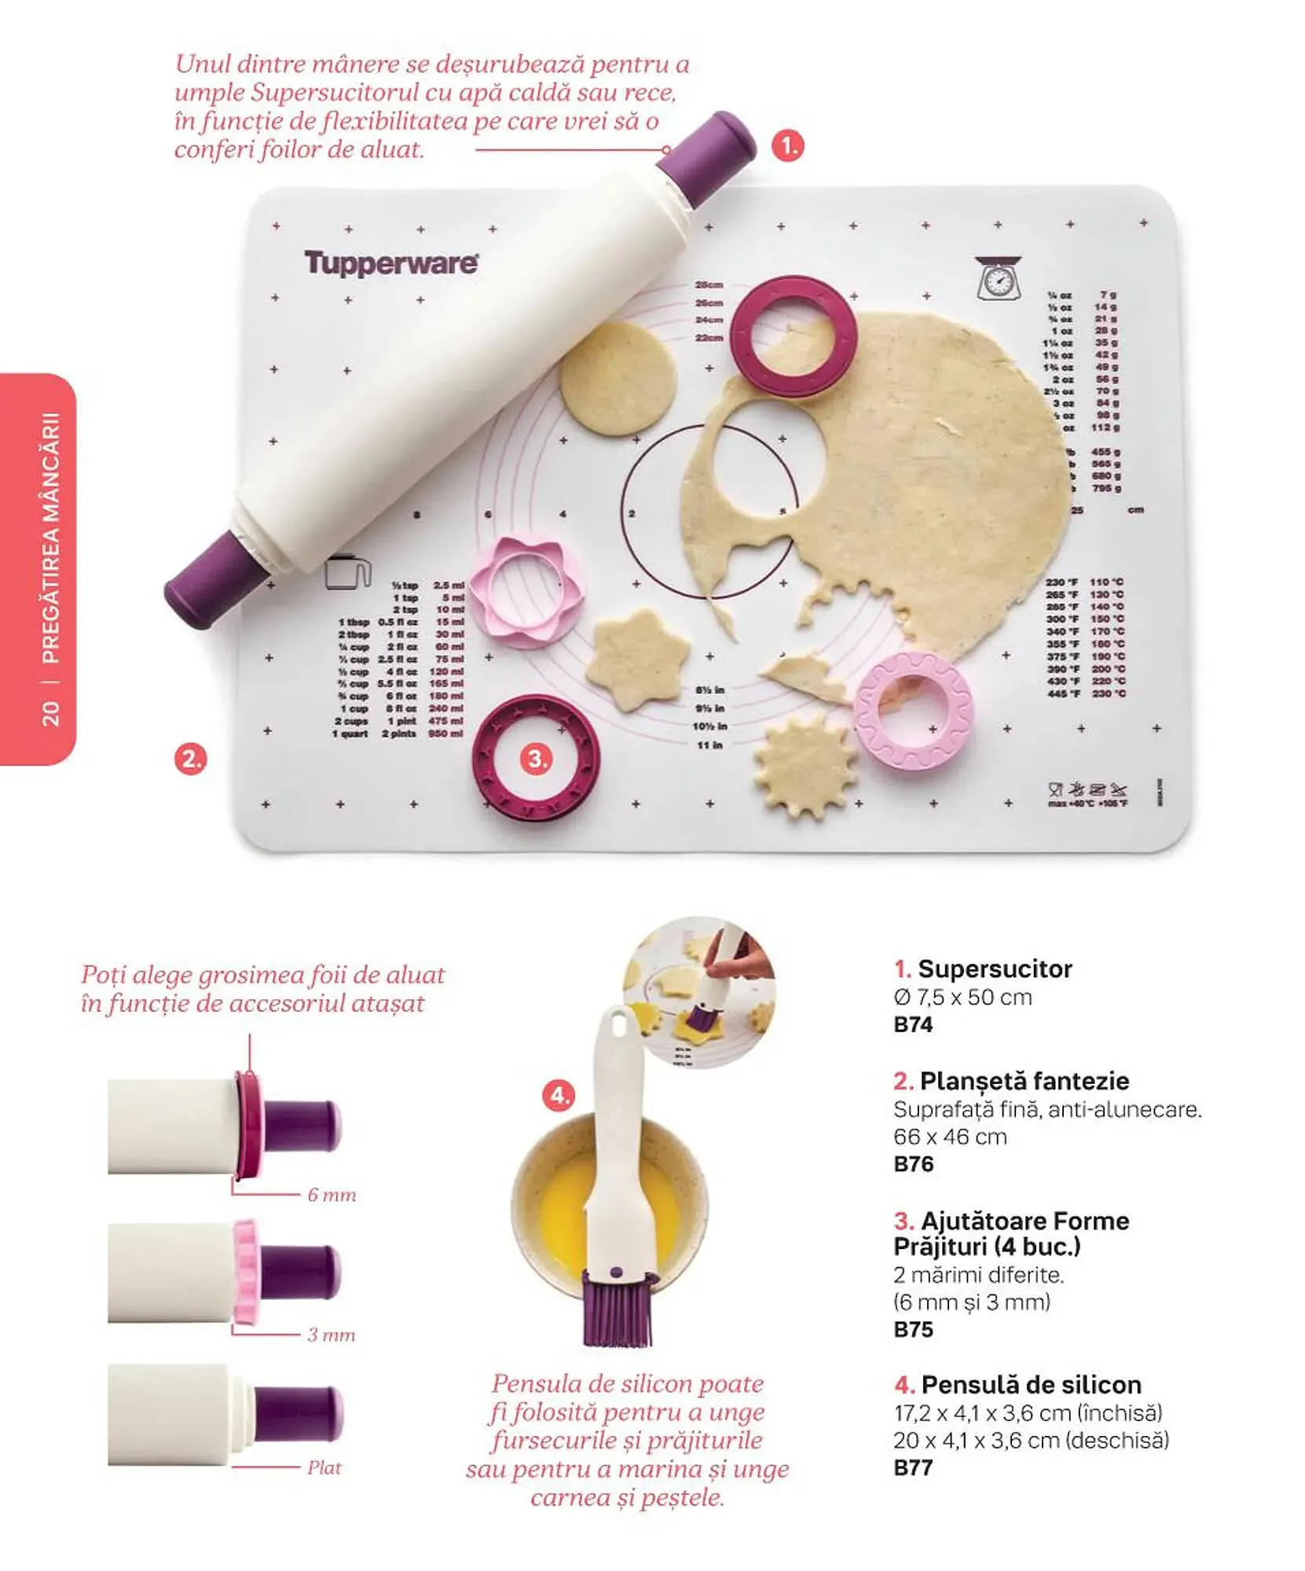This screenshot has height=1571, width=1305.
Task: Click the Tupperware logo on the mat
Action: click(x=390, y=263)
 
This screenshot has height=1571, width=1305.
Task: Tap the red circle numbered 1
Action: click(x=787, y=146)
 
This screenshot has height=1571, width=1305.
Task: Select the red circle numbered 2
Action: click(x=191, y=759)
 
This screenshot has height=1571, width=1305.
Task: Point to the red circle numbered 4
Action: click(x=559, y=1095)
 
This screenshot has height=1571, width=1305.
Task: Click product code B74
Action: click(x=913, y=1024)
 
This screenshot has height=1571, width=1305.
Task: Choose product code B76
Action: click(x=913, y=1164)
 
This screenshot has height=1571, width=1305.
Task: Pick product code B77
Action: click(x=913, y=1467)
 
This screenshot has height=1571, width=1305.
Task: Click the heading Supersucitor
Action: click(x=994, y=969)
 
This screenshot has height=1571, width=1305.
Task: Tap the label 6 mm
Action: click(x=332, y=1195)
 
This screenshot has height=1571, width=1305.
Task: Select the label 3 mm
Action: click(x=331, y=1335)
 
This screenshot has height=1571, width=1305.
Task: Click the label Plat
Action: click(x=324, y=1467)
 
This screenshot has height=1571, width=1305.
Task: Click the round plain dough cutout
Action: click(x=618, y=378)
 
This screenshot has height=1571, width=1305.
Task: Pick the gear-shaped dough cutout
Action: click(x=805, y=764)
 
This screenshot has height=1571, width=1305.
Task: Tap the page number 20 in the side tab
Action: click(x=49, y=712)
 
